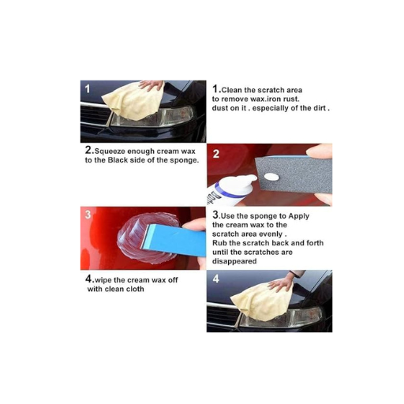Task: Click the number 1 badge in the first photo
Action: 88,88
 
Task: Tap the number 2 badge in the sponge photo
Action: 216,153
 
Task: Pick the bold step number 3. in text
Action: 215,214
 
